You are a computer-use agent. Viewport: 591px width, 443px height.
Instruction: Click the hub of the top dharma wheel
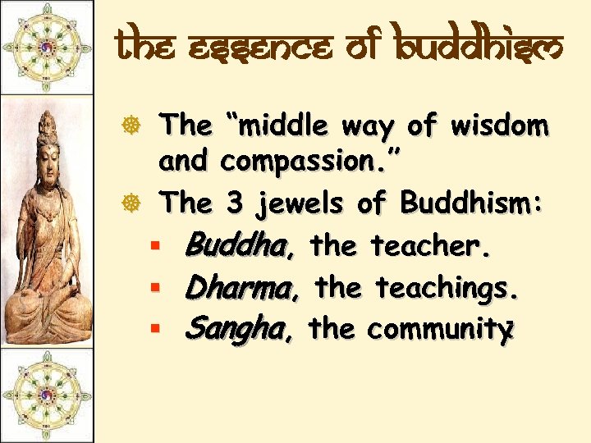pos(46,47)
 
